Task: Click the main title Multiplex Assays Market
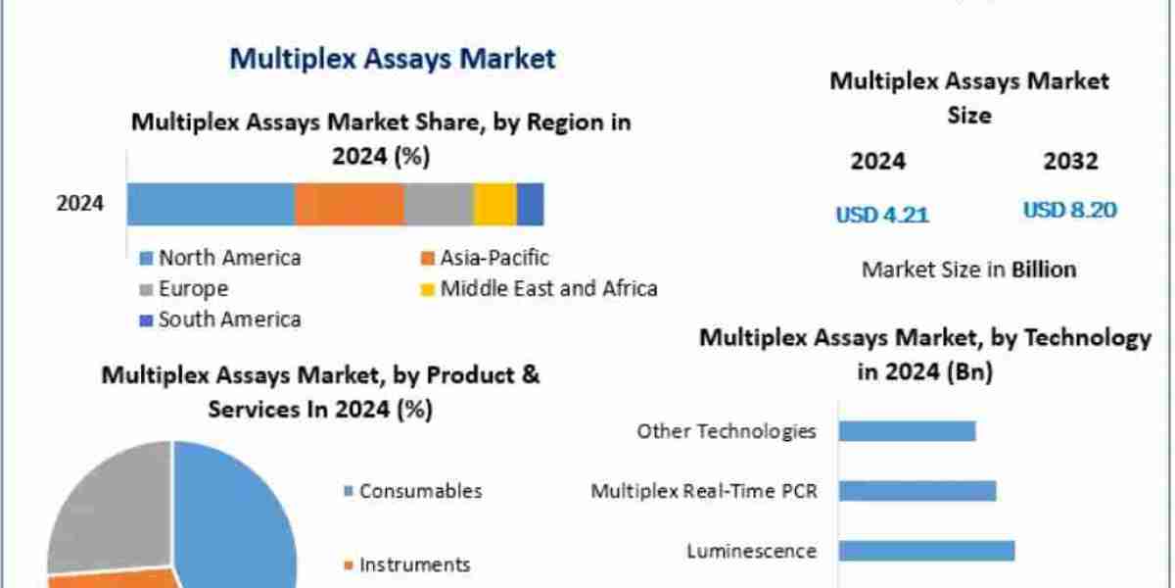392,59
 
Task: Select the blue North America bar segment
211,204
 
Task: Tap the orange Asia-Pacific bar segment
350,204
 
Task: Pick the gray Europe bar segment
439,204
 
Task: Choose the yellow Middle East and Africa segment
495,204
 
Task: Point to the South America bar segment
530,204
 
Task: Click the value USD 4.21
882,215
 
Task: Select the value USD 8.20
1070,211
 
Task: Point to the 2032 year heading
1070,162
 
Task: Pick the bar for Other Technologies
908,431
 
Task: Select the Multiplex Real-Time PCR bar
917,491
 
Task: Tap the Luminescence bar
926,551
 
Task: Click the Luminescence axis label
751,551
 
